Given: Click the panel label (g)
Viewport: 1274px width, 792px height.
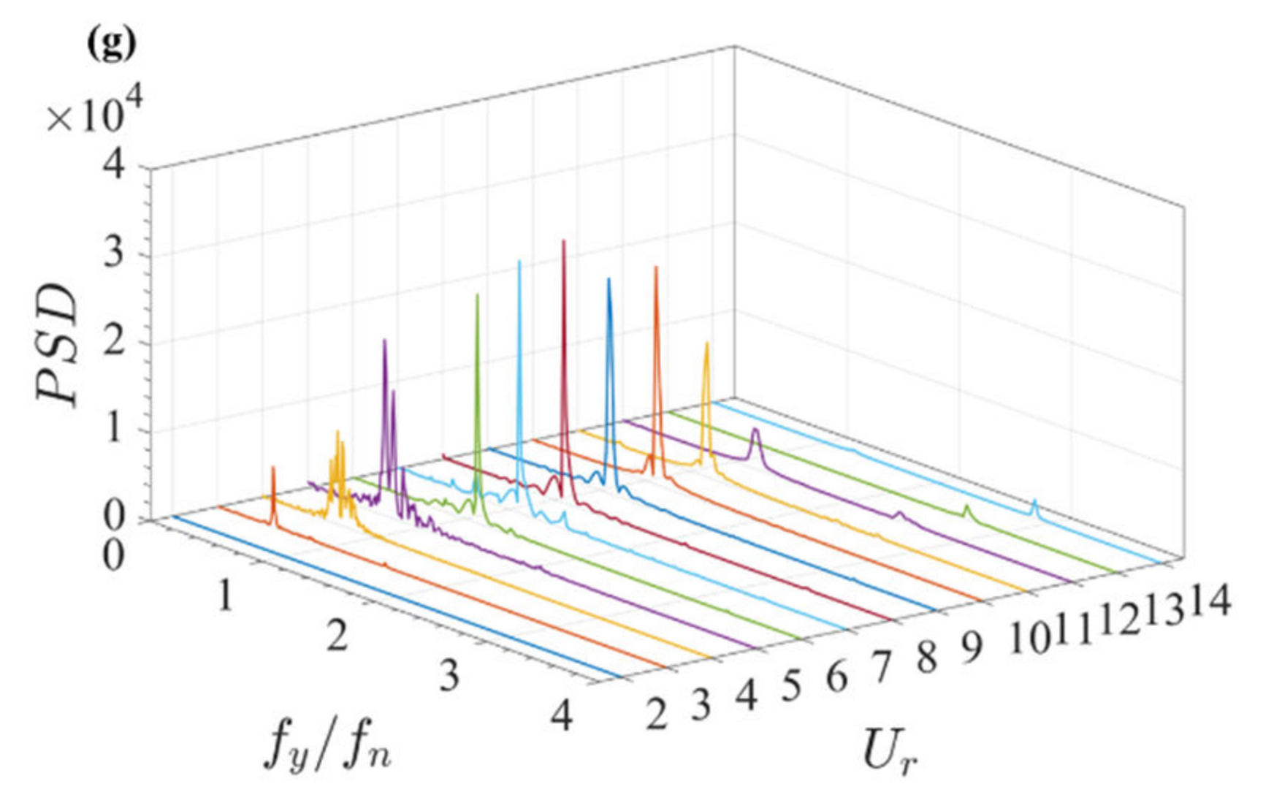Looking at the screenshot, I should [111, 45].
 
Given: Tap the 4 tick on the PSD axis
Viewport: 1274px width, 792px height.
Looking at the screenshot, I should [114, 168].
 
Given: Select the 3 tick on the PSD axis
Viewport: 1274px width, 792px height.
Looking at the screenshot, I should [114, 256].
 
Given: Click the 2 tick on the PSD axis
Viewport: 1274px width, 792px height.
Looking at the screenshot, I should [114, 343].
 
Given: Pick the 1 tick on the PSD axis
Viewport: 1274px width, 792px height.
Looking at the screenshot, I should [114, 430].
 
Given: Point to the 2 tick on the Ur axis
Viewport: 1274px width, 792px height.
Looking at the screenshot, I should [656, 713].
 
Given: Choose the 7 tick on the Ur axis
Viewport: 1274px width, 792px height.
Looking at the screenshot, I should [882, 666].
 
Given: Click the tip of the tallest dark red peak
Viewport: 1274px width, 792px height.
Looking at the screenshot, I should [563, 241].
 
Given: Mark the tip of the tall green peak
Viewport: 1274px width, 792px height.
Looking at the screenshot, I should [478, 295].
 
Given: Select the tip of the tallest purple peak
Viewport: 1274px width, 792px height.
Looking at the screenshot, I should [384, 340].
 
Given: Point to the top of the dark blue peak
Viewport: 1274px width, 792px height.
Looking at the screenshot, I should [609, 279].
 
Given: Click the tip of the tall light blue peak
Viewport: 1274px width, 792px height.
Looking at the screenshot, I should [519, 262].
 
